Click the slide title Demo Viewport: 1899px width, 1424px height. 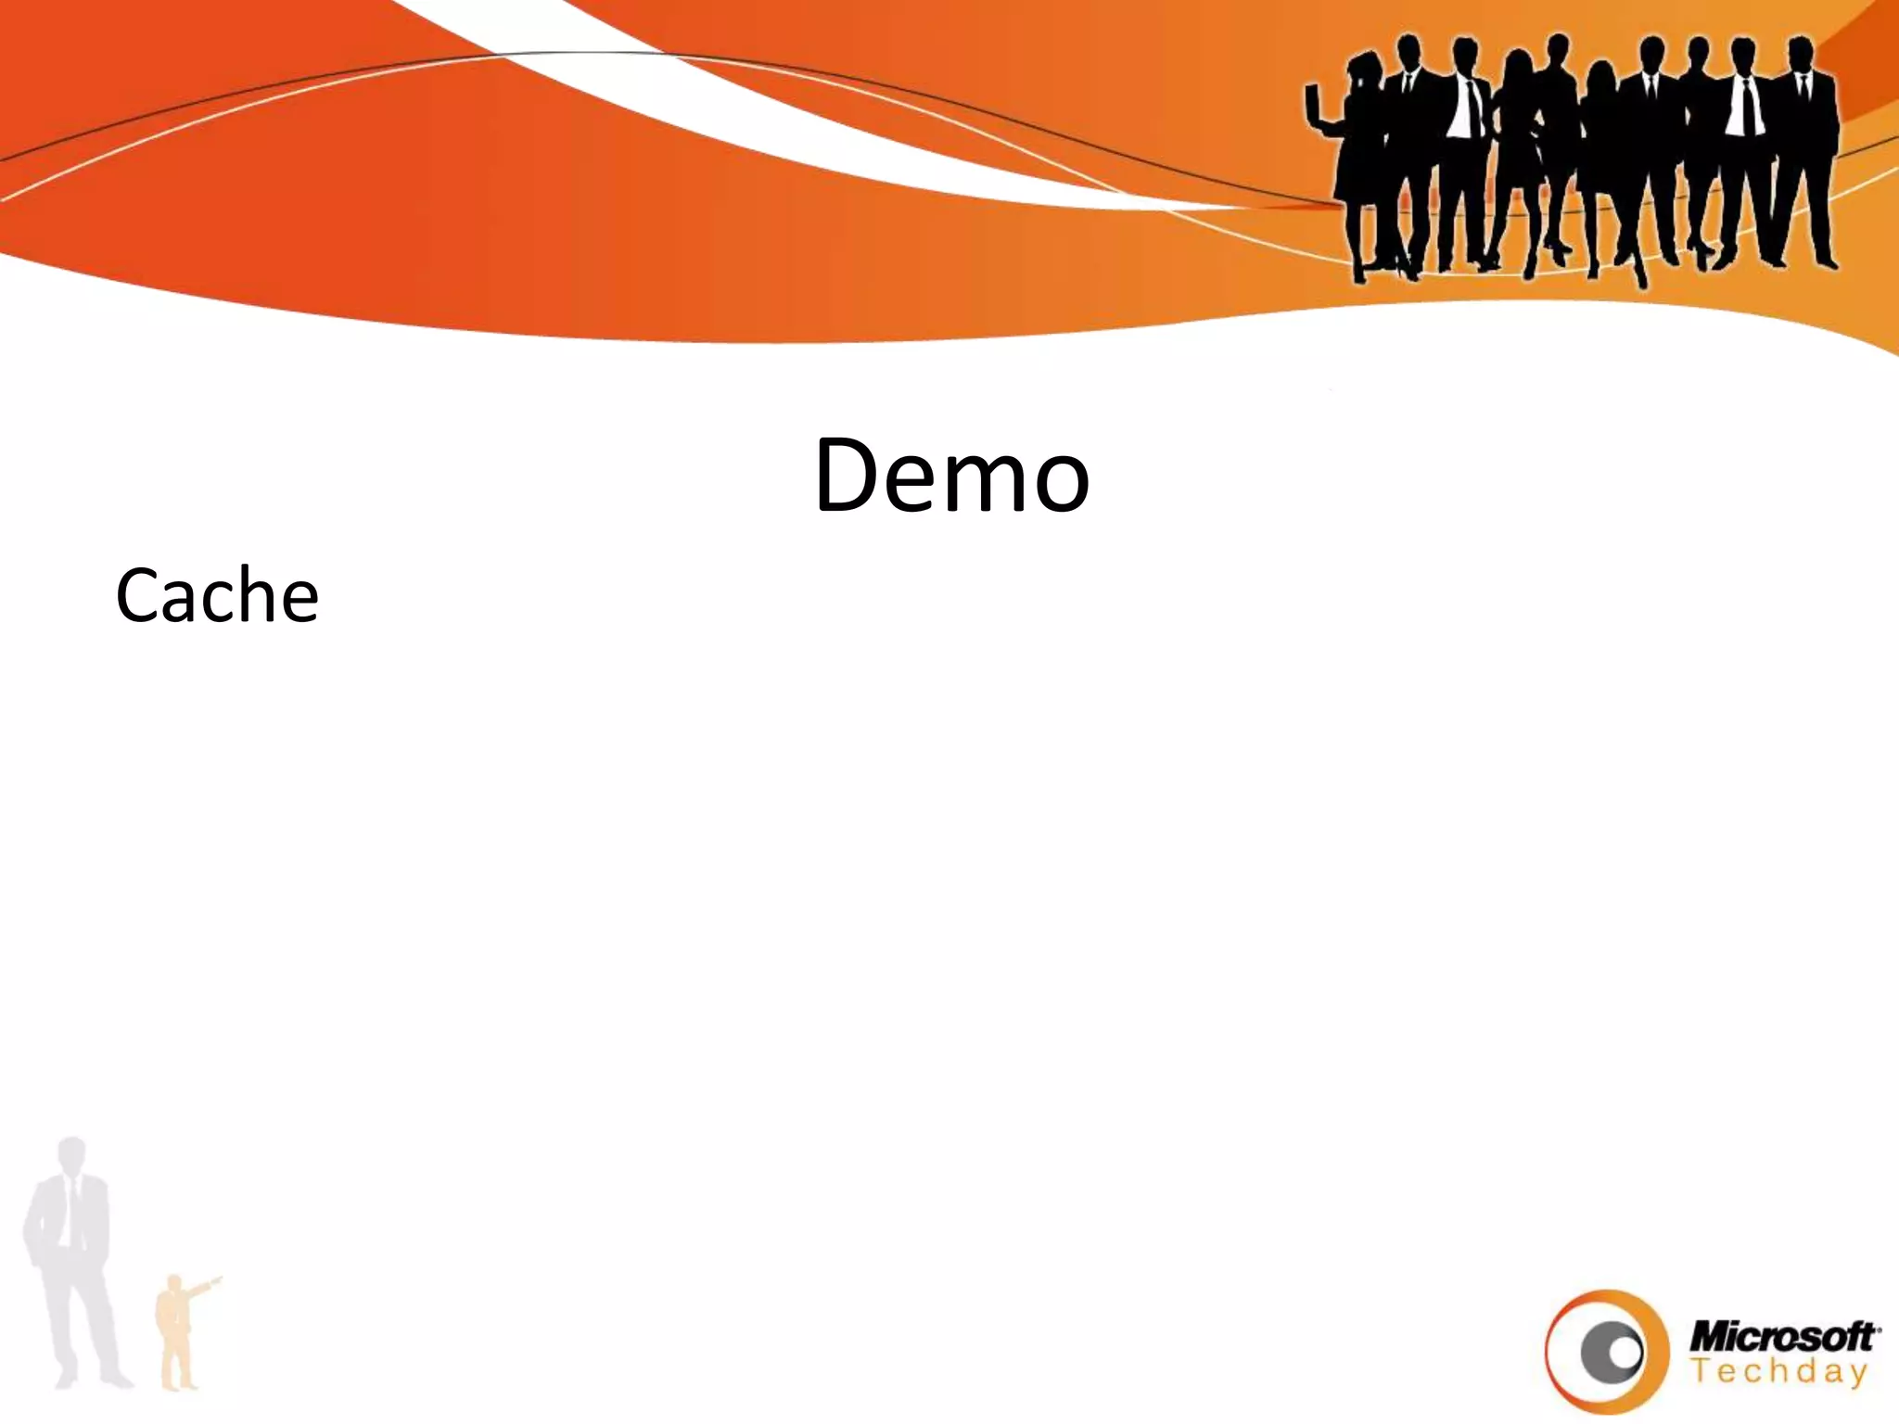(951, 475)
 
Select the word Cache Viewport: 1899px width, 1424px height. (217, 595)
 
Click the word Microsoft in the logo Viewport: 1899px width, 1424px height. (1782, 1336)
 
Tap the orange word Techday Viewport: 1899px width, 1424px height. (1778, 1372)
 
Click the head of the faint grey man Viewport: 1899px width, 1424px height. (72, 1157)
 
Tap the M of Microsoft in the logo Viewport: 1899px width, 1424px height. (1710, 1337)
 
